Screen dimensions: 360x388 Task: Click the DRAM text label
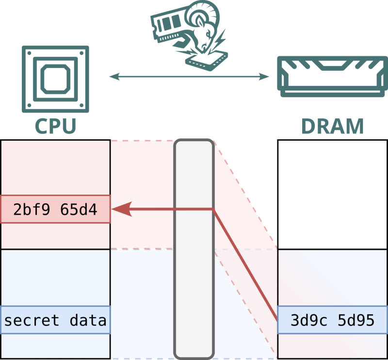[x=332, y=126]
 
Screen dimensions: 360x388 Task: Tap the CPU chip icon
[x=55, y=79]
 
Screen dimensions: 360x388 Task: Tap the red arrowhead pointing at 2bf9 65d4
[x=121, y=210]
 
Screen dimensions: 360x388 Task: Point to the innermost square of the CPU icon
[x=55, y=79]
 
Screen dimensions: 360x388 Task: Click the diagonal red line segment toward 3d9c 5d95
[x=245, y=264]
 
